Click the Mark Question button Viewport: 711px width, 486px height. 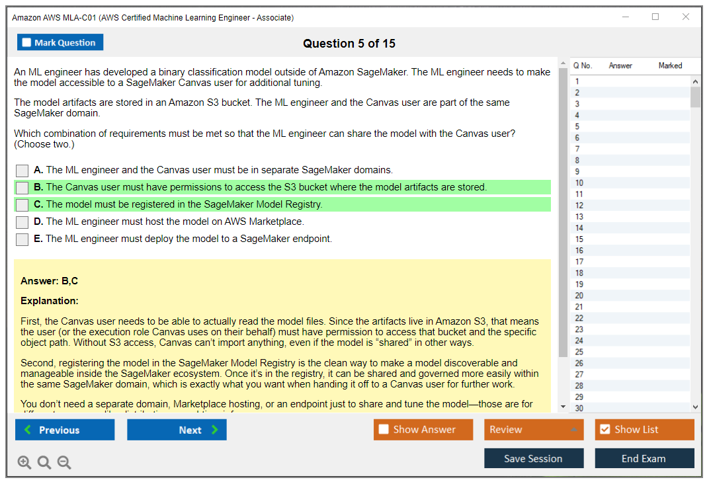click(x=60, y=42)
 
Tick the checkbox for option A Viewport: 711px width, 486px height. click(x=22, y=171)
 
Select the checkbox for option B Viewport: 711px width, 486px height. click(x=22, y=188)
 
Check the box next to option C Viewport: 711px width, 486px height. click(x=22, y=205)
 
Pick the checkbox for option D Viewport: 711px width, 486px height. click(x=22, y=222)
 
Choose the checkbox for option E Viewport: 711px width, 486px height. click(x=22, y=239)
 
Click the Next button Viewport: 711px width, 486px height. click(x=177, y=430)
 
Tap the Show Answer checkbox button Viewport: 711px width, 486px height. click(x=423, y=430)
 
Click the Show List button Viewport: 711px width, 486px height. click(x=644, y=430)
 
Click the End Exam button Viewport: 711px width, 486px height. click(x=644, y=458)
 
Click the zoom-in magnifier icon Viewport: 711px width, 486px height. click(x=24, y=462)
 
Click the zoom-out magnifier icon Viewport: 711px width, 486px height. click(x=64, y=462)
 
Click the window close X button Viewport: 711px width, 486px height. click(x=686, y=17)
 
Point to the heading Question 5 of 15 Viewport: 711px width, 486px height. click(x=349, y=44)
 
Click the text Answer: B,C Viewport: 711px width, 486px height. click(x=50, y=281)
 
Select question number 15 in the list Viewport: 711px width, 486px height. click(x=579, y=239)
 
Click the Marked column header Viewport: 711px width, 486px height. click(x=670, y=65)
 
